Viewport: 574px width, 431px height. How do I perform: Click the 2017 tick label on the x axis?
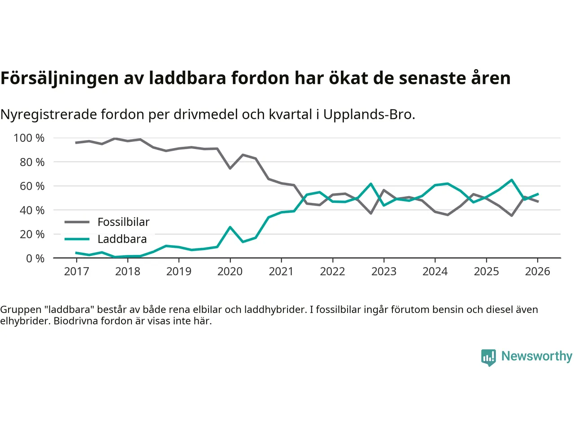(x=76, y=271)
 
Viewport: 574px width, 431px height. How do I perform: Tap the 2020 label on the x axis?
(x=230, y=271)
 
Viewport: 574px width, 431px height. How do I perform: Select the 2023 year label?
(x=384, y=271)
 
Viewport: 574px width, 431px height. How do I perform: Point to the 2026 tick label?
(x=537, y=271)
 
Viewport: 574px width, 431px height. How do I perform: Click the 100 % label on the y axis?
(x=29, y=138)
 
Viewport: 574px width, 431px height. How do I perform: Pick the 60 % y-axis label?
(x=32, y=186)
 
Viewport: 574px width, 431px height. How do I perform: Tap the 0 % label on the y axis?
(x=35, y=258)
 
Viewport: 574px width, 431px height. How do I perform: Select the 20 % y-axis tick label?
(x=32, y=234)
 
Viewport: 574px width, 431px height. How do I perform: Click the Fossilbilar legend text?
(x=123, y=222)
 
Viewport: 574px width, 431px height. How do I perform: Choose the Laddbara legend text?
(x=122, y=239)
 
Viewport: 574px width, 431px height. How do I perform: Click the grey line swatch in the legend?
(x=77, y=222)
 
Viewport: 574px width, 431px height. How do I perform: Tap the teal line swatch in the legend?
(x=77, y=239)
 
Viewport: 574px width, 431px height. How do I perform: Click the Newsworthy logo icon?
(x=488, y=357)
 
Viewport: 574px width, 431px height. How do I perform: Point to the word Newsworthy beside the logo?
(x=537, y=356)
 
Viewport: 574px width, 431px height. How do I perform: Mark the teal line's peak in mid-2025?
(x=512, y=180)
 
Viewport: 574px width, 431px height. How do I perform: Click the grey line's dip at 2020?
(x=230, y=168)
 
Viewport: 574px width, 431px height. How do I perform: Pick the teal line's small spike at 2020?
(x=230, y=227)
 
